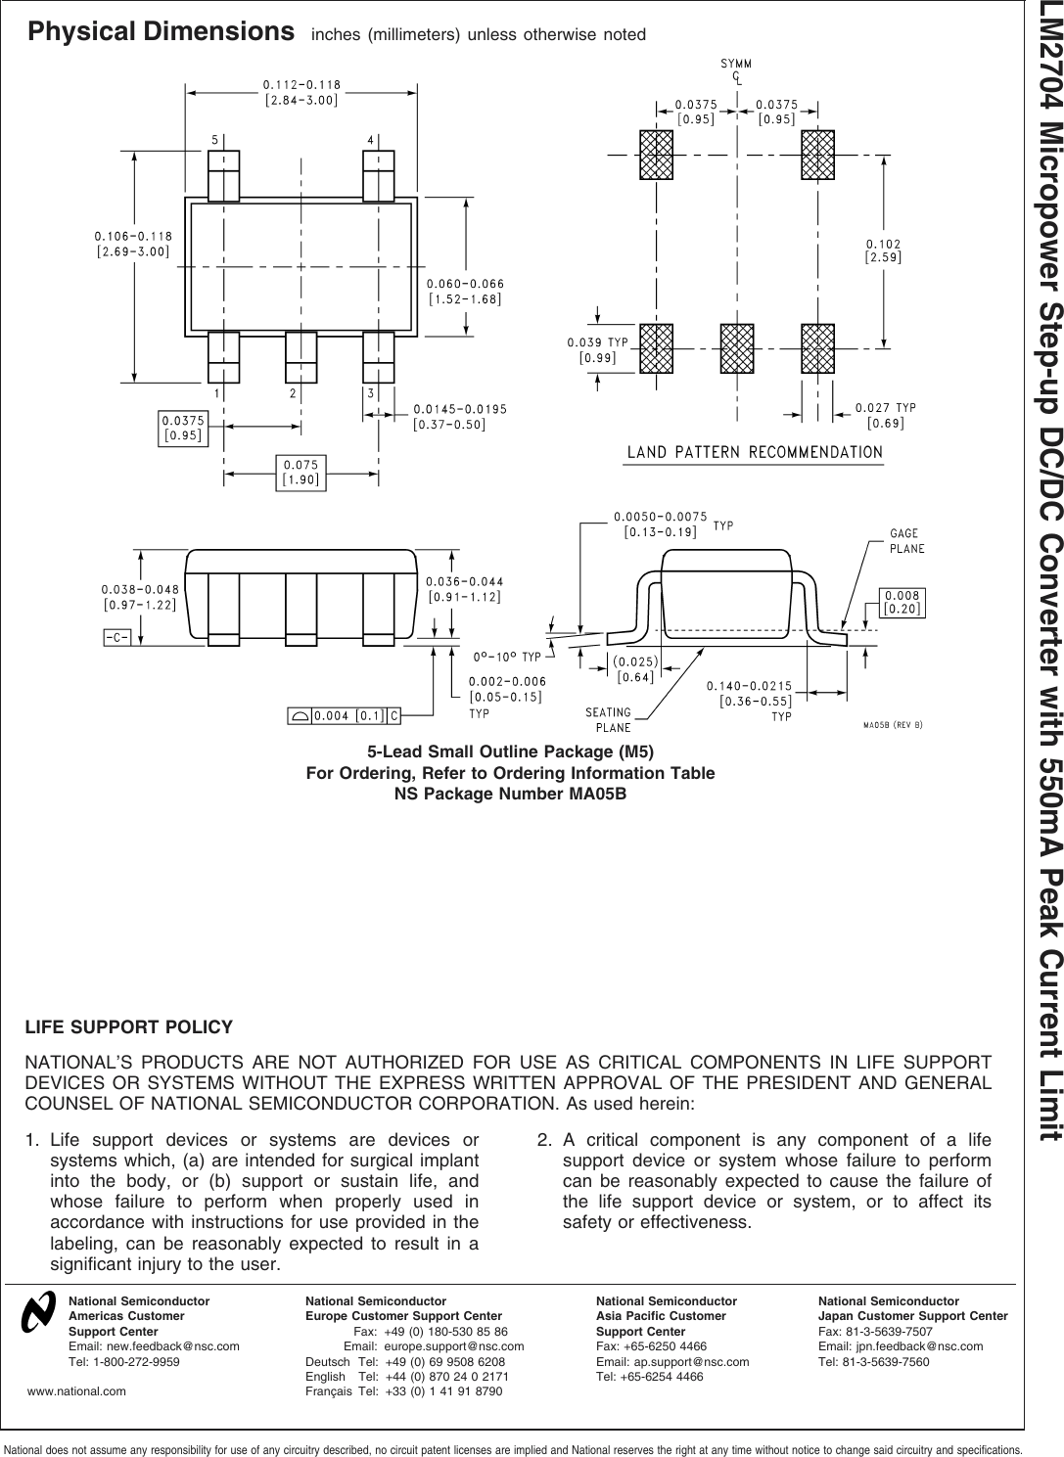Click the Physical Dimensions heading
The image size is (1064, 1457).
[x=162, y=32]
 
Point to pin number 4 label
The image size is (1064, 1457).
[x=370, y=140]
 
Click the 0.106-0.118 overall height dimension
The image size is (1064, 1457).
[x=133, y=244]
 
